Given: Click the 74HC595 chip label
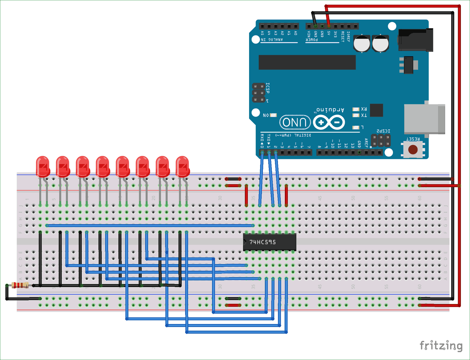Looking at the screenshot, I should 263,242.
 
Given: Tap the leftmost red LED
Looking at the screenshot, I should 43,166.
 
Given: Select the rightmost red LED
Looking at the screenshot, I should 183,166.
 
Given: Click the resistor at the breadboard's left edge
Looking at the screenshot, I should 20,285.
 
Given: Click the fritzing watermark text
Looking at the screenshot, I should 441,346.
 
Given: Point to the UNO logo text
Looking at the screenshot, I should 295,122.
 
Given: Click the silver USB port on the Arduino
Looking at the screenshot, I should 425,119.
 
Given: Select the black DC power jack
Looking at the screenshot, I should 415,40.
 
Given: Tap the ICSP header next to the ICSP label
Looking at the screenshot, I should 259,93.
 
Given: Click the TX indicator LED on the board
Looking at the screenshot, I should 356,116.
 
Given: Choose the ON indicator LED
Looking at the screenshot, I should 273,115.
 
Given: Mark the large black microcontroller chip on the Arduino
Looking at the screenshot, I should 307,62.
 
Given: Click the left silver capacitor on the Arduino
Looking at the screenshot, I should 362,43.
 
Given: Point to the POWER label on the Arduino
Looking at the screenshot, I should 312,40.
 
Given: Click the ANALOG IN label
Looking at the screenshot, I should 272,40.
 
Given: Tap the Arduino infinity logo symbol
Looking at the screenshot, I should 329,122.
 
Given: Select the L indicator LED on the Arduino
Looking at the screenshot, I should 356,127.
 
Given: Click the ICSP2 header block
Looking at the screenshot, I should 381,141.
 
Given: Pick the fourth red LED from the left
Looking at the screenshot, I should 103,166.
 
